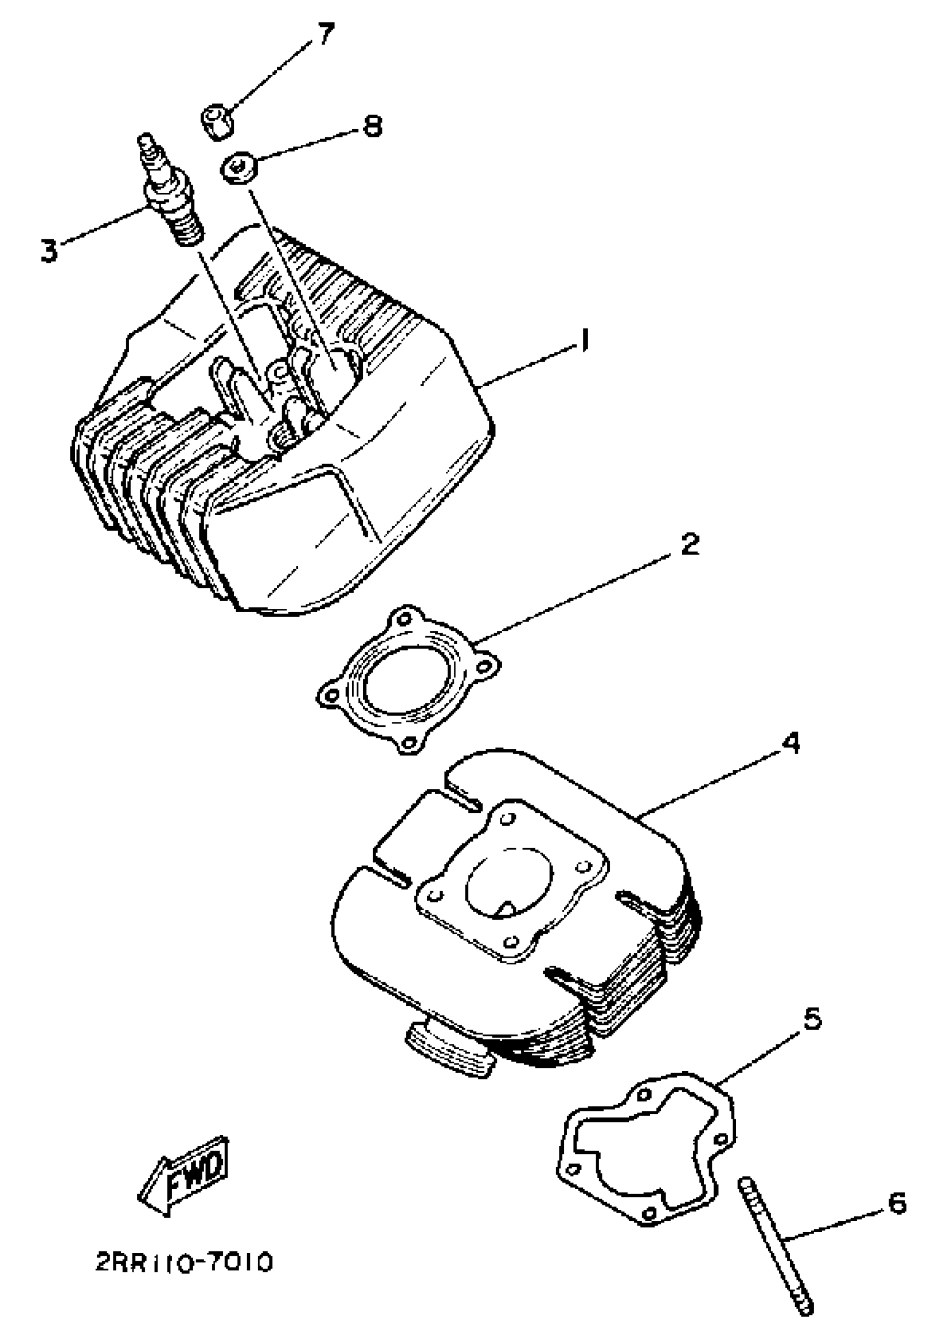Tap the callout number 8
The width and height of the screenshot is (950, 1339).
[x=372, y=126]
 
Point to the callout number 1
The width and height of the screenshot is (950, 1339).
[x=583, y=342]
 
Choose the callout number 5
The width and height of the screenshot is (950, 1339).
[x=811, y=1019]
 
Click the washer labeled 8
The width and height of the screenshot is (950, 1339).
[x=236, y=168]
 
